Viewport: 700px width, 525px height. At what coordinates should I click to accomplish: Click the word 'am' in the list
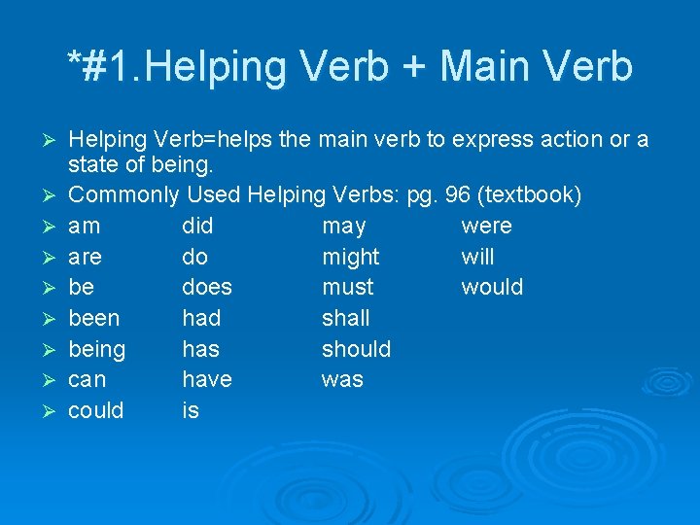point(86,227)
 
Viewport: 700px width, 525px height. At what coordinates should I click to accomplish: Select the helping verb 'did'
point(197,227)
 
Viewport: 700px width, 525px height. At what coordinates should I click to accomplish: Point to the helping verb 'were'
point(485,227)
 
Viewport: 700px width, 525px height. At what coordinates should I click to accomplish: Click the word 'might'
point(350,258)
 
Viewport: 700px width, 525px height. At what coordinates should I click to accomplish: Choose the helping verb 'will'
point(476,257)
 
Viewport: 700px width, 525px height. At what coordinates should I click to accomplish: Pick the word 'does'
point(207,288)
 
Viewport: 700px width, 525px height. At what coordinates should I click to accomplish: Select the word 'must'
point(347,288)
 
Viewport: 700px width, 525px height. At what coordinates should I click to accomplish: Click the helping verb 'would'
point(491,288)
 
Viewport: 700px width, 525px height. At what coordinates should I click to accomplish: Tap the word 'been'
point(94,318)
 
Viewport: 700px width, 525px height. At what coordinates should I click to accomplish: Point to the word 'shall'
point(345,318)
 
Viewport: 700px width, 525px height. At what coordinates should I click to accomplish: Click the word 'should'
point(356,349)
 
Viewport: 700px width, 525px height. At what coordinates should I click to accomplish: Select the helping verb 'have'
point(206,379)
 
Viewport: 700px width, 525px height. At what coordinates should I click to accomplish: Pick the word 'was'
point(341,380)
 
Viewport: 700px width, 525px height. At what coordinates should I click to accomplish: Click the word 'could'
point(95,410)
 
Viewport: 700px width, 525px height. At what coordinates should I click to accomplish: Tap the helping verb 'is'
point(190,410)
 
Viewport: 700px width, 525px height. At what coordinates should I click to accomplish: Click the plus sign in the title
point(412,67)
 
